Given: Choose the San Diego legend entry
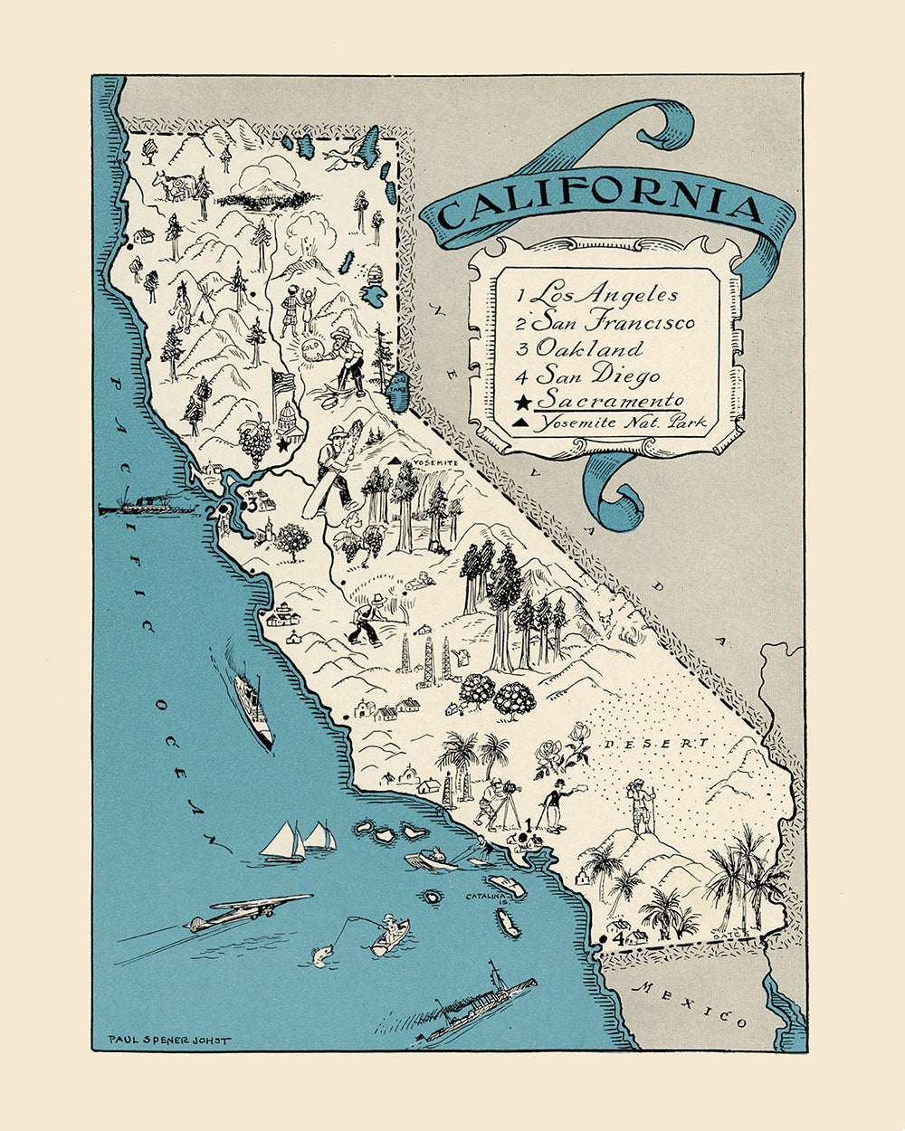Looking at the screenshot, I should (x=588, y=375).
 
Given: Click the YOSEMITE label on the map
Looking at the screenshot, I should (x=437, y=463).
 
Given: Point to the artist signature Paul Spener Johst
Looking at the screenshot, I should (x=168, y=1039).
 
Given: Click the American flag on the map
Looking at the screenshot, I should (x=284, y=385).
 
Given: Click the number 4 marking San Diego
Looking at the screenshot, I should (x=618, y=939).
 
